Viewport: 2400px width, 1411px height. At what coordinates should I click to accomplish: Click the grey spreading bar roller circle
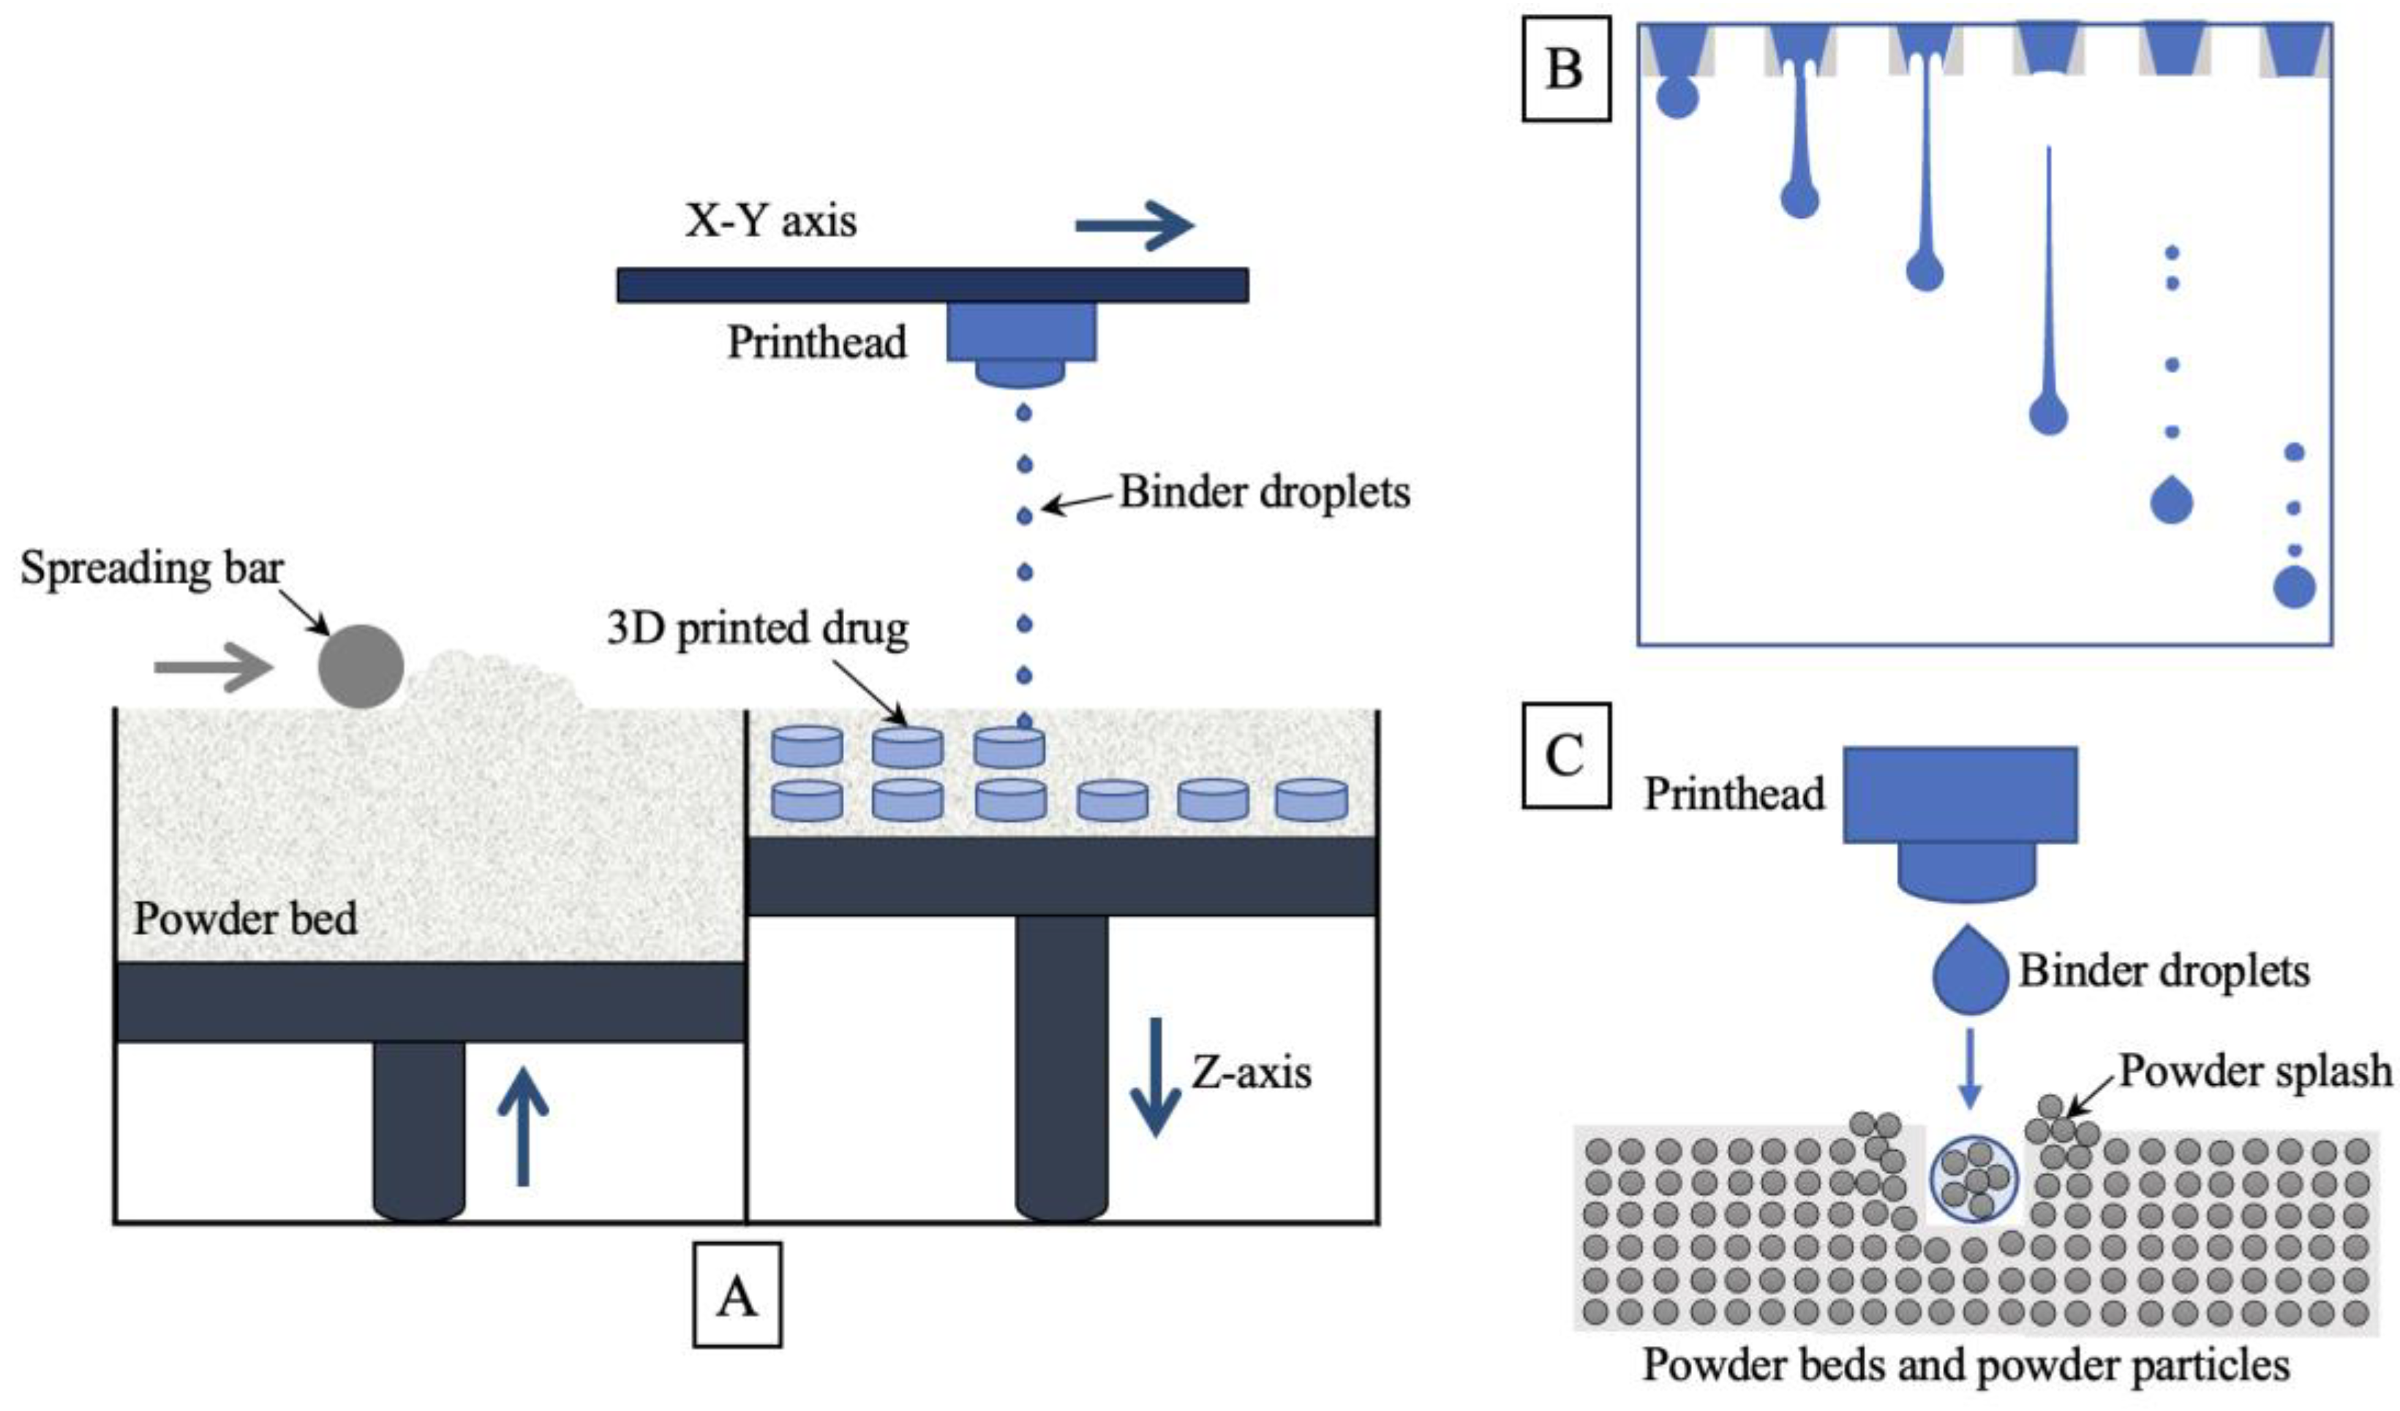(360, 667)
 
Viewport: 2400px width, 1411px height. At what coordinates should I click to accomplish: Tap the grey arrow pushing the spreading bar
(212, 667)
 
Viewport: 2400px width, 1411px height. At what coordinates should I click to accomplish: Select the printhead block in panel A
(1021, 333)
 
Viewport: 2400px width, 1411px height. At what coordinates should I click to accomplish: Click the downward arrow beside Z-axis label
(1155, 1076)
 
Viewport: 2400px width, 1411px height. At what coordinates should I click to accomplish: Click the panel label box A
(737, 1295)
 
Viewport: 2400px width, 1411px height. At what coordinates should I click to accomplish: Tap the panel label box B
(1565, 69)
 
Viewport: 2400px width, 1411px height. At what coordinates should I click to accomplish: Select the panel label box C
(1565, 756)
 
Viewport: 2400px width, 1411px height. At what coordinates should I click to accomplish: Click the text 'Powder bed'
(245, 919)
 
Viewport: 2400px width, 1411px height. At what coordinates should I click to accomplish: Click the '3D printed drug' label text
(757, 629)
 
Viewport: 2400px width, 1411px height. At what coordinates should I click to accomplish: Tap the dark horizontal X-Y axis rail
(933, 284)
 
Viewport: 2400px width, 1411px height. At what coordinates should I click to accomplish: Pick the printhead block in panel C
(1960, 795)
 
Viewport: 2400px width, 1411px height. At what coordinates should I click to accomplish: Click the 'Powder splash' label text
(2255, 1070)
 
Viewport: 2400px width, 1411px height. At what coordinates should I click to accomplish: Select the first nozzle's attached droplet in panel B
(1677, 98)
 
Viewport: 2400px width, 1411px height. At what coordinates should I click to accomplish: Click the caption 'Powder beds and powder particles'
(1965, 1365)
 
